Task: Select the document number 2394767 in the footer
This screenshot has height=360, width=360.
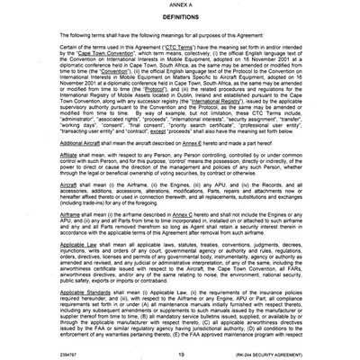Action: tap(40, 355)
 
